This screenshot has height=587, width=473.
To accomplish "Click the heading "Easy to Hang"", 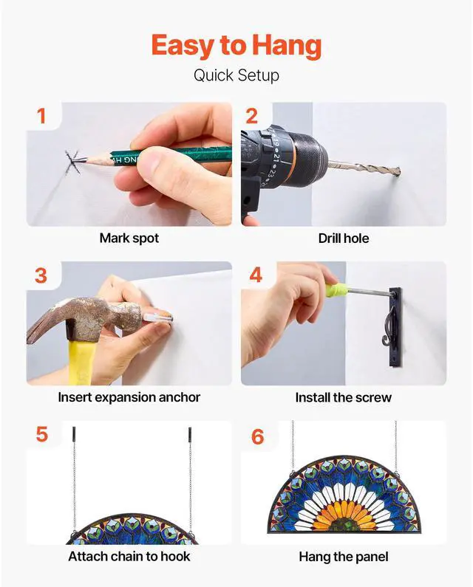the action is [236, 46].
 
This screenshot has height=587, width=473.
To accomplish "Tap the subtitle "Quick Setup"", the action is [236, 75].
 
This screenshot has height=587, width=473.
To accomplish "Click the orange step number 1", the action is [41, 116].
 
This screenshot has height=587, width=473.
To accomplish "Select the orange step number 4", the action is [256, 275].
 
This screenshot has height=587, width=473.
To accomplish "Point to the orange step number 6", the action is [257, 436].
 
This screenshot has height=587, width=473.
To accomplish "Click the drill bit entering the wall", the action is [364, 169].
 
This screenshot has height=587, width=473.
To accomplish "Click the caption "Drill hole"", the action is [344, 238].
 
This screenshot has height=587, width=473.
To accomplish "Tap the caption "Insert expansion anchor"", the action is [129, 397].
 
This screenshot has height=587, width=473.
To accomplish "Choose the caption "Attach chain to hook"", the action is [129, 557].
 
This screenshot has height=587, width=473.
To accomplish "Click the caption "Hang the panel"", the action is [344, 557].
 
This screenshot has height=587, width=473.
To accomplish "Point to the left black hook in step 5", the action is [74, 434].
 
